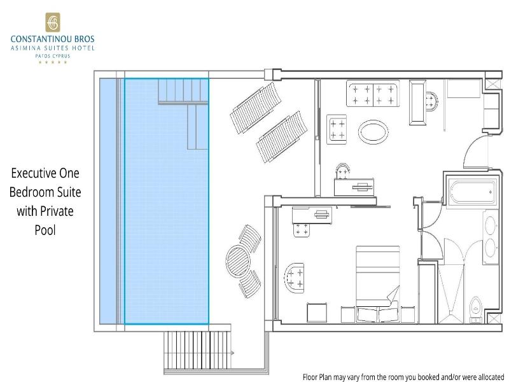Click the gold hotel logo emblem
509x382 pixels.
[x=53, y=22]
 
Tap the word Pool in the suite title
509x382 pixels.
[x=45, y=230]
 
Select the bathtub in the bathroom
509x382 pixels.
[x=472, y=192]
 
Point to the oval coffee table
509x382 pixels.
[x=373, y=132]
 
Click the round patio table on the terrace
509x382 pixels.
[x=238, y=261]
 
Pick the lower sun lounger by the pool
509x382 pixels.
[x=282, y=137]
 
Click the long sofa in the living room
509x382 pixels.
[x=373, y=94]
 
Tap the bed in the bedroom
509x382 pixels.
[x=378, y=284]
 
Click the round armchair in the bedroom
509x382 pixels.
[x=295, y=278]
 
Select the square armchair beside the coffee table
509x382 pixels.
[x=337, y=129]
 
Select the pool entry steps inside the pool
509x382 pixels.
[x=183, y=114]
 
